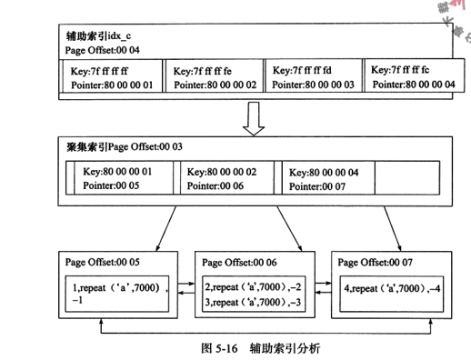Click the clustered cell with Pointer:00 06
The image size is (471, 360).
pyautogui.click(x=230, y=178)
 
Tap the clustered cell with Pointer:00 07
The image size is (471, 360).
pyautogui.click(x=328, y=178)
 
